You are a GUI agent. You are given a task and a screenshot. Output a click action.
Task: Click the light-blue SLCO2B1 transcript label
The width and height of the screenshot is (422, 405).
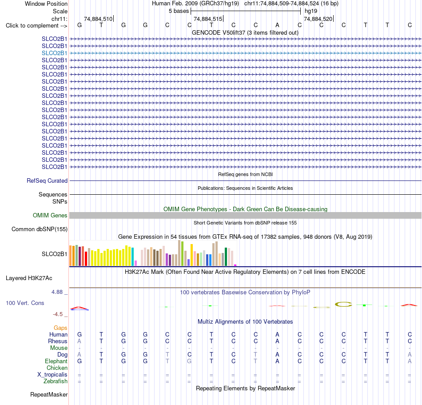[54, 53]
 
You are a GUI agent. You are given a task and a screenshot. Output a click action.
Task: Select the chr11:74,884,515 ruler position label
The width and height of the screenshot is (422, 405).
[208, 19]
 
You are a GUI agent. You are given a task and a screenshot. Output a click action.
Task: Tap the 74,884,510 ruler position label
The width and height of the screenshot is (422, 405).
[98, 19]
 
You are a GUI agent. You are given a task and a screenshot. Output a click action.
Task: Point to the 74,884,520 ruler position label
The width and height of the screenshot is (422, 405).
[318, 19]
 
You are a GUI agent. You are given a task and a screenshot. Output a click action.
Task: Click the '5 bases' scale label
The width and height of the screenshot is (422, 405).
[179, 11]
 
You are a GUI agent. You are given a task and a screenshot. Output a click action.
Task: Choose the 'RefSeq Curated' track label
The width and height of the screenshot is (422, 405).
[47, 180]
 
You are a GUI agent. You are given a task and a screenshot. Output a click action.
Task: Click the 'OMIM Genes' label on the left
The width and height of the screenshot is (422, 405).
[50, 216]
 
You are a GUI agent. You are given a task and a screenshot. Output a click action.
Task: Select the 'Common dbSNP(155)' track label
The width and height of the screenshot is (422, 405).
[40, 229]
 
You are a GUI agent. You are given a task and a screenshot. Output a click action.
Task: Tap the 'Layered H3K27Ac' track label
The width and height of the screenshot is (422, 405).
[29, 278]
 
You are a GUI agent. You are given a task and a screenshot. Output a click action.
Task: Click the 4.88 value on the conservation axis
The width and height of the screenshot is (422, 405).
[57, 292]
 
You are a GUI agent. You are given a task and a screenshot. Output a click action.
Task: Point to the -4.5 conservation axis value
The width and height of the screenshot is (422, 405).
[58, 314]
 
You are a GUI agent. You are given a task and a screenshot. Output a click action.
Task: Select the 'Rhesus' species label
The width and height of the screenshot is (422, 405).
[58, 341]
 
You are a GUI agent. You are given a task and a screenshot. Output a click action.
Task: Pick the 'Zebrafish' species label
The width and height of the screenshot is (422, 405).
[56, 381]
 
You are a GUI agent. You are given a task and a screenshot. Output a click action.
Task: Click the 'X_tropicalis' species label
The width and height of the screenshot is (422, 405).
[52, 375]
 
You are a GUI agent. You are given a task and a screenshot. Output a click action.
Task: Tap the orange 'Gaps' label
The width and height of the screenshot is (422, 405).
[60, 328]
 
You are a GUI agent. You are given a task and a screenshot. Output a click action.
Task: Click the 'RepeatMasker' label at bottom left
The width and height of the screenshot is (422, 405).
[49, 394]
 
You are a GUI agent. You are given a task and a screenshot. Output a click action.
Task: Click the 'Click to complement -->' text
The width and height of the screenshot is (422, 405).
[36, 26]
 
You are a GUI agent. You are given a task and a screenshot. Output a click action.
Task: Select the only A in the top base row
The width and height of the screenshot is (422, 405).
[277, 25]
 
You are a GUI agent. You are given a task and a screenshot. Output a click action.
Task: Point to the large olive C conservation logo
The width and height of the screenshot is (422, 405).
[343, 305]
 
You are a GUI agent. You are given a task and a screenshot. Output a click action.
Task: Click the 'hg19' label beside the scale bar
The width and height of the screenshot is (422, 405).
[311, 11]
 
